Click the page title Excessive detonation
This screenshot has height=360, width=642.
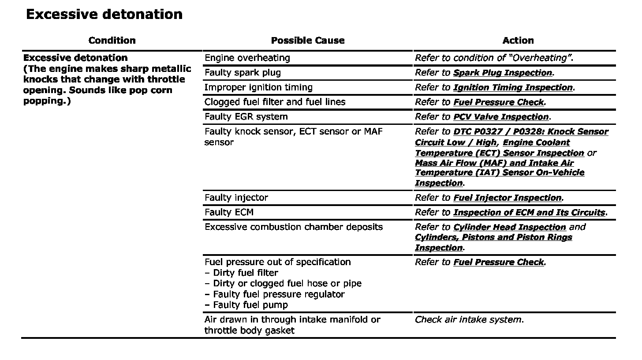click(104, 15)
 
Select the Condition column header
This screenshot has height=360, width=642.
click(112, 41)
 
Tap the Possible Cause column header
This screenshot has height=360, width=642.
click(307, 41)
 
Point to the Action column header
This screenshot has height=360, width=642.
click(518, 41)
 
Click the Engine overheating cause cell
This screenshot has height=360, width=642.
click(247, 58)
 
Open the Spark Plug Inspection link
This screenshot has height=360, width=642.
click(502, 73)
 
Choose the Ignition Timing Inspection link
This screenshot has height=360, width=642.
click(513, 87)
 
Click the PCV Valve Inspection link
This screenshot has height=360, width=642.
click(501, 117)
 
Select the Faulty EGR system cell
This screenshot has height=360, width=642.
click(246, 117)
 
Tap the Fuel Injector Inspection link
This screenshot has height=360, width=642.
click(508, 198)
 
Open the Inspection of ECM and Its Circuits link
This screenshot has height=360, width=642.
click(529, 212)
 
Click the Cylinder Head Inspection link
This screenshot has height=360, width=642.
click(509, 227)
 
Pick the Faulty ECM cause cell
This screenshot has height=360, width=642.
click(229, 212)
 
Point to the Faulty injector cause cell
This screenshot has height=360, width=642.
click(236, 198)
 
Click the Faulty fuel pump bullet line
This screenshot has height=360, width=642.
click(250, 305)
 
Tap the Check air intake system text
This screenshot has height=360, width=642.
click(469, 319)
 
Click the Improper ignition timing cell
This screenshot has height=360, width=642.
click(258, 87)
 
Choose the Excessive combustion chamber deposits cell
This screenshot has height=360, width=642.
click(294, 227)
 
